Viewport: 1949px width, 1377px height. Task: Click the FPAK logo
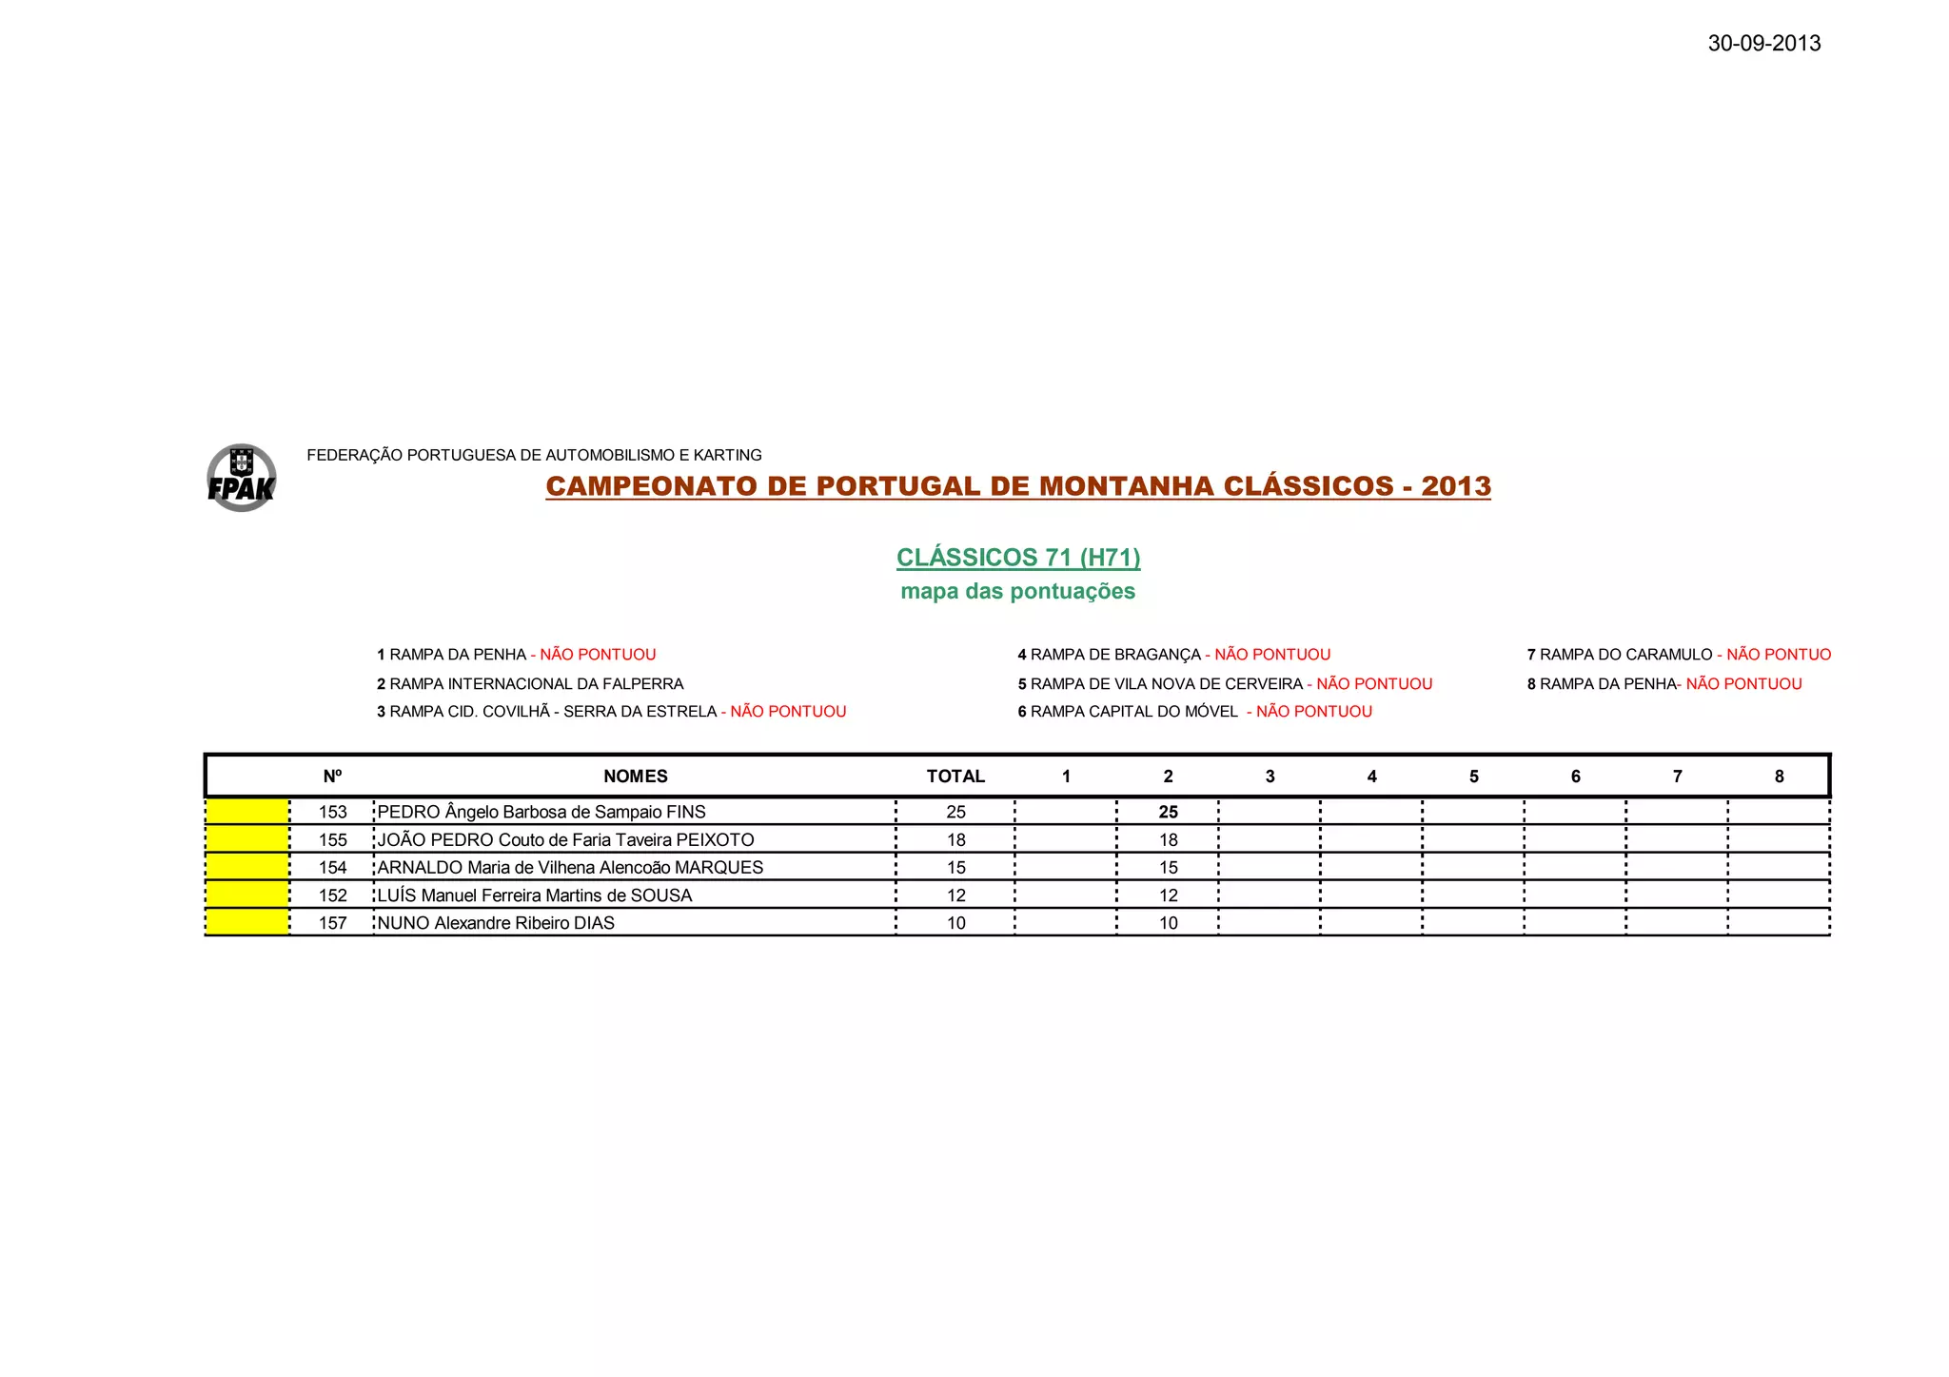[242, 478]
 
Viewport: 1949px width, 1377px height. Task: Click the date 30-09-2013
[1763, 44]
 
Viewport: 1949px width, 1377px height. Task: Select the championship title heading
[1017, 486]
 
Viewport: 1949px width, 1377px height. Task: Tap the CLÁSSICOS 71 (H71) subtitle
[1017, 558]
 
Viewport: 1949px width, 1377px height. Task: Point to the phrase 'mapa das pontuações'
[1017, 592]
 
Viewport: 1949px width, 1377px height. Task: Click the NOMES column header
[635, 777]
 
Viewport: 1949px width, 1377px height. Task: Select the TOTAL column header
[955, 777]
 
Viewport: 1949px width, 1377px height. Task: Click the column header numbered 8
[1779, 777]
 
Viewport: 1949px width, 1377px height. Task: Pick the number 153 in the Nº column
[332, 813]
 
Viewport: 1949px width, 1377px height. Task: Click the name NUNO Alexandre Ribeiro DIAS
[496, 923]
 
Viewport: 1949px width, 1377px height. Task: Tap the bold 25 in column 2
[1168, 813]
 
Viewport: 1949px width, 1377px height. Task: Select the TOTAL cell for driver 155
[955, 840]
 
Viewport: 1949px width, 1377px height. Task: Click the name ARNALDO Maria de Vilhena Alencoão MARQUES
[570, 868]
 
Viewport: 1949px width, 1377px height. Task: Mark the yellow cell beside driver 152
[247, 895]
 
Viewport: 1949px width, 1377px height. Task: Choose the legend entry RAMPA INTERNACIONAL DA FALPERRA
[530, 684]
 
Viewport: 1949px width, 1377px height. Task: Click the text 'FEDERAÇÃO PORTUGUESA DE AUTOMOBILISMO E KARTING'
[534, 456]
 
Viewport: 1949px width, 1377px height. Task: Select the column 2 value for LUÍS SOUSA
[1168, 895]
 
